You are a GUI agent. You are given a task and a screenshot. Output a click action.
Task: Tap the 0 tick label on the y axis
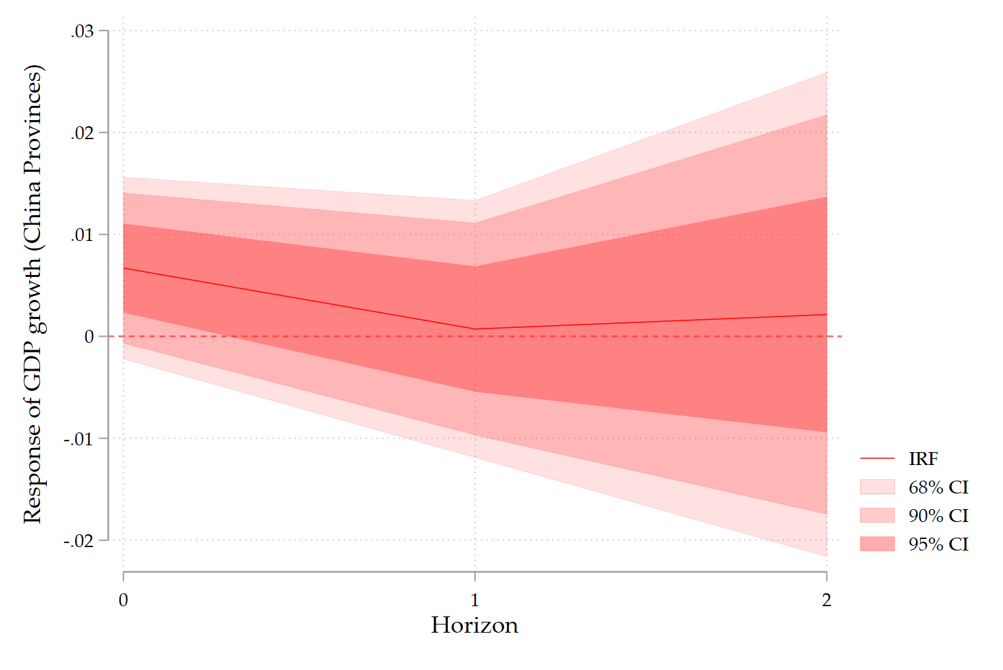90,337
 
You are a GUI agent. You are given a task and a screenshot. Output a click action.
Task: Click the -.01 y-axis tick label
79,439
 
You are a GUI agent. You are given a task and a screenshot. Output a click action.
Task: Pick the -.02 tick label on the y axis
79,541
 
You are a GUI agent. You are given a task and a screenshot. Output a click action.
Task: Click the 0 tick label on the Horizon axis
123,600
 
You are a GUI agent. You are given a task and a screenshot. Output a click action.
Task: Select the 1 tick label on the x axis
475,600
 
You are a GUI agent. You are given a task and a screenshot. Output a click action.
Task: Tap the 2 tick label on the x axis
826,600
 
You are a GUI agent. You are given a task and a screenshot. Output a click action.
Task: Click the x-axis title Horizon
474,625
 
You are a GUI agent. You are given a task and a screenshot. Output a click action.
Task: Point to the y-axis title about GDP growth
33,294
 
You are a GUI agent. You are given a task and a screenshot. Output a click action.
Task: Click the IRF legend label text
923,460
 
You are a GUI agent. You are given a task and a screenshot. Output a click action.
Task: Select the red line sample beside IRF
877,459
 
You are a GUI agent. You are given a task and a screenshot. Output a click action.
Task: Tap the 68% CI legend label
939,487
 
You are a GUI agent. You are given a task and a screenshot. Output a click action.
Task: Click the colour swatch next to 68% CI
877,487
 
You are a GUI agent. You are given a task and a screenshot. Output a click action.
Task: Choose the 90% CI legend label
939,516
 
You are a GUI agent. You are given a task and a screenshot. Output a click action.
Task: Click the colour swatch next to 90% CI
877,515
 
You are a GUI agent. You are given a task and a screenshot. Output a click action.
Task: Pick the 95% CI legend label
939,544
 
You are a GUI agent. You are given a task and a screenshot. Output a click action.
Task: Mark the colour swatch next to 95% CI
877,544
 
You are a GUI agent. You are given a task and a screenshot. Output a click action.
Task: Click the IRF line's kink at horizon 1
475,329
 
